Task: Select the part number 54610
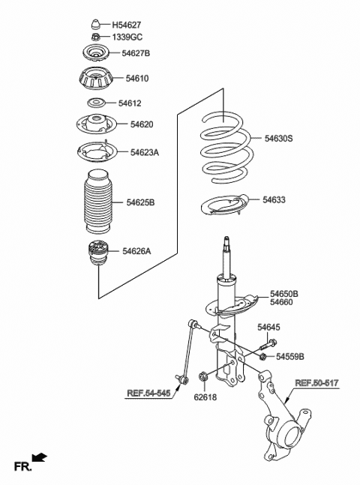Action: click(x=137, y=78)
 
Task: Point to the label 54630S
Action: click(x=278, y=139)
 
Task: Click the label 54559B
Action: click(x=290, y=356)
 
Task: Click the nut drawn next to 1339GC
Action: click(x=95, y=37)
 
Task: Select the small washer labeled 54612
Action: click(x=96, y=103)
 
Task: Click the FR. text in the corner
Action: click(x=22, y=468)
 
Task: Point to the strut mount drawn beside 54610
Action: click(x=96, y=79)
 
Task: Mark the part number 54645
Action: click(x=269, y=328)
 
